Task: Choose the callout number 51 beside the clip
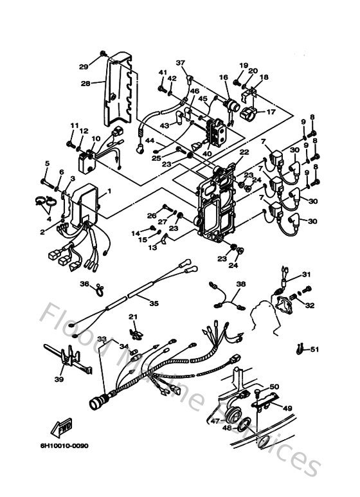coord(314,350)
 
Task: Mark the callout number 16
coord(224,77)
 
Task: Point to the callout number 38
coord(240,284)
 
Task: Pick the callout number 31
coord(306,275)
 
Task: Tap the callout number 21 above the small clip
coord(133,316)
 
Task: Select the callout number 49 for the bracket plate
coord(287,408)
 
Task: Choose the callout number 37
coord(181,63)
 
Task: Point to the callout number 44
coord(150,140)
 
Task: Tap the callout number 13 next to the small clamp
coord(152,247)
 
